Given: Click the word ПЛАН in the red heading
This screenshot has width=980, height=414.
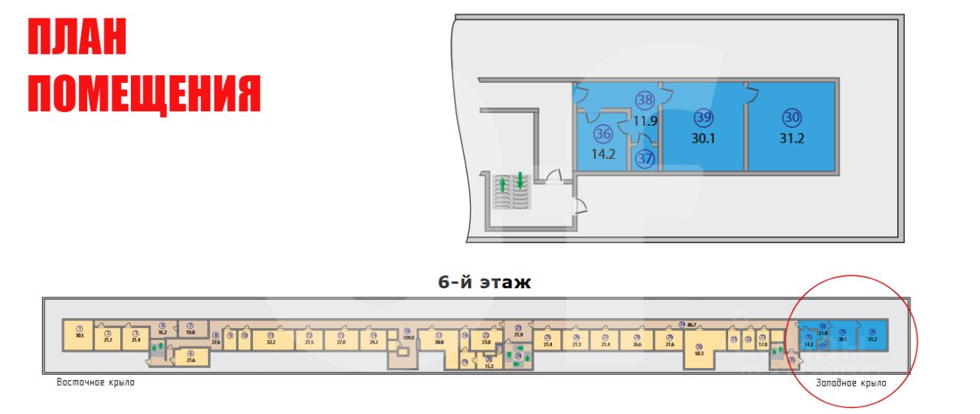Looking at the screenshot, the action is (77, 39).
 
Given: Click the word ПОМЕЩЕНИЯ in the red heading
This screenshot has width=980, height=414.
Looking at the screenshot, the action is (145, 94).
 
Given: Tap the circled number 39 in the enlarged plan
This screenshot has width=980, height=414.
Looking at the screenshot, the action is (704, 118).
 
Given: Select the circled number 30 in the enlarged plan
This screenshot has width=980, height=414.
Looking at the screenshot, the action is (792, 117).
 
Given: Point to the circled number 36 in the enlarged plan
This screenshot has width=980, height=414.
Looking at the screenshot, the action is (603, 134).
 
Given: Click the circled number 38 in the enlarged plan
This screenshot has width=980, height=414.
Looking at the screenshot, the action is (645, 100).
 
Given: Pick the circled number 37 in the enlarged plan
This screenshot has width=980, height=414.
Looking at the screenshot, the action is (645, 159).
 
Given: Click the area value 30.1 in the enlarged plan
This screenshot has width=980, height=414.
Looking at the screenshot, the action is (704, 139).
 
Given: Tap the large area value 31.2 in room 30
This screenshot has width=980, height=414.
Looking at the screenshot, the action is (792, 138).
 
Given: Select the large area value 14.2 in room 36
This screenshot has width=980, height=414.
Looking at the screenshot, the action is (603, 153).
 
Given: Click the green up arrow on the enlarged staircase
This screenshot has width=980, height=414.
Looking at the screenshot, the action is (503, 184).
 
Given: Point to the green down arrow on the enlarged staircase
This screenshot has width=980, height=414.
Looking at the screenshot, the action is (520, 181).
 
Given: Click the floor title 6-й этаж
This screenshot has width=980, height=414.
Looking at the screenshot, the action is (484, 282).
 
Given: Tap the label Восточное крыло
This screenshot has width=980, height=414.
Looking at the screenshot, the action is (96, 382).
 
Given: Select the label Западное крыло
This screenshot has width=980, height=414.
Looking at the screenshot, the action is (851, 383).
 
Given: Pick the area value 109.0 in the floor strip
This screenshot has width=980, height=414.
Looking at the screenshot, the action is (408, 338).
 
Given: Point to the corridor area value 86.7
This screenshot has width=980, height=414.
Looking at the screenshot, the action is (692, 326).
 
